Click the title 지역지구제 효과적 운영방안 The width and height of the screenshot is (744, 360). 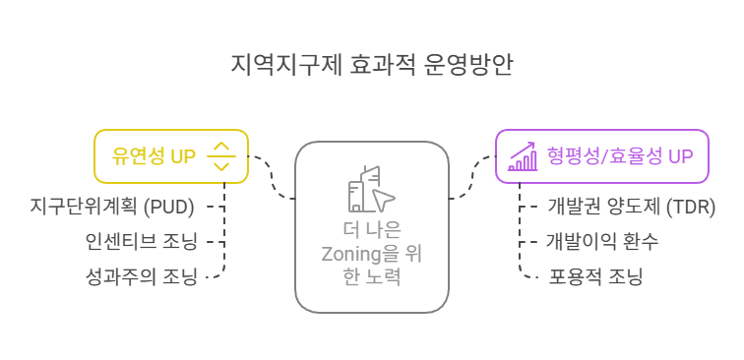pyautogui.click(x=371, y=66)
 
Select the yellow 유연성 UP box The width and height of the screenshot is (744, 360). pyautogui.click(x=170, y=156)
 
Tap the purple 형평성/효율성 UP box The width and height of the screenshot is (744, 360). pyautogui.click(x=602, y=156)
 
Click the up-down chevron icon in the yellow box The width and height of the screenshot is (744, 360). pyautogui.click(x=221, y=156)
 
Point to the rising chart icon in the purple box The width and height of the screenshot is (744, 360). pyautogui.click(x=522, y=156)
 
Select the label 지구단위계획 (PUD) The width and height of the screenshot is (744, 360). pyautogui.click(x=112, y=207)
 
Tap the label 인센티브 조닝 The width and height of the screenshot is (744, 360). pyautogui.click(x=141, y=242)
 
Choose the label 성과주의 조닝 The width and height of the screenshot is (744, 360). pyautogui.click(x=141, y=276)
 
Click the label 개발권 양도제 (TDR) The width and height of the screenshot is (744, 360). pyautogui.click(x=631, y=207)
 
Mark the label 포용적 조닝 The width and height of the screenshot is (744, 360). pyautogui.click(x=595, y=276)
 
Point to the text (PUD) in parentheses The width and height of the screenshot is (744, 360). pyautogui.click(x=173, y=207)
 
